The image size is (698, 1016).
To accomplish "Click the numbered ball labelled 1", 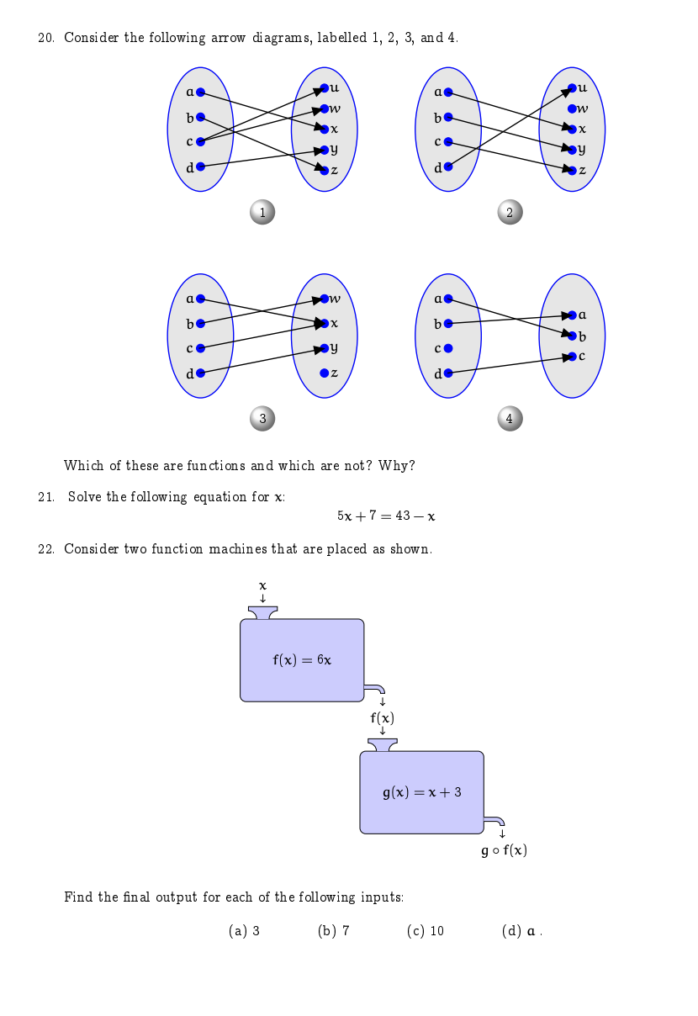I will [262, 213].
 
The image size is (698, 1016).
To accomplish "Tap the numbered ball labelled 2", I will [510, 213].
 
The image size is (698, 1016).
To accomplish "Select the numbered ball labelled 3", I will [262, 418].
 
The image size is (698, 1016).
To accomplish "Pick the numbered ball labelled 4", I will [510, 418].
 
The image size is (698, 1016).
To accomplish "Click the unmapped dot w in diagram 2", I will [572, 108].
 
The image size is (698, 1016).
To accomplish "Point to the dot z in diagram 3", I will [324, 373].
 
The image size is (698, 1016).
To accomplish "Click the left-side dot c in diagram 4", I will [448, 347].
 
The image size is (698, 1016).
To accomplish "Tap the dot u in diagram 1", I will [324, 88].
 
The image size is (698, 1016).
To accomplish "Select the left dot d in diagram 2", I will [448, 167].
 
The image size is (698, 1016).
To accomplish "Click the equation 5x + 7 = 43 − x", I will [386, 516].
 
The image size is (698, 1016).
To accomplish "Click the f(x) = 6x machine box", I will [302, 660].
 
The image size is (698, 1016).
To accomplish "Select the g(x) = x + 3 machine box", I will [421, 792].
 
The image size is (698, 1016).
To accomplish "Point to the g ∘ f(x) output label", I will [504, 850].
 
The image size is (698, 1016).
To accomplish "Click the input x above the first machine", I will [262, 585].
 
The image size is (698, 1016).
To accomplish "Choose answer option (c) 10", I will [425, 931].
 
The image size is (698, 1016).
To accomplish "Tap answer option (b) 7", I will [333, 931].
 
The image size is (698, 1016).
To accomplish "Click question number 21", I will [46, 497].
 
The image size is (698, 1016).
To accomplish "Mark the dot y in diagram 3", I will [324, 348].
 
